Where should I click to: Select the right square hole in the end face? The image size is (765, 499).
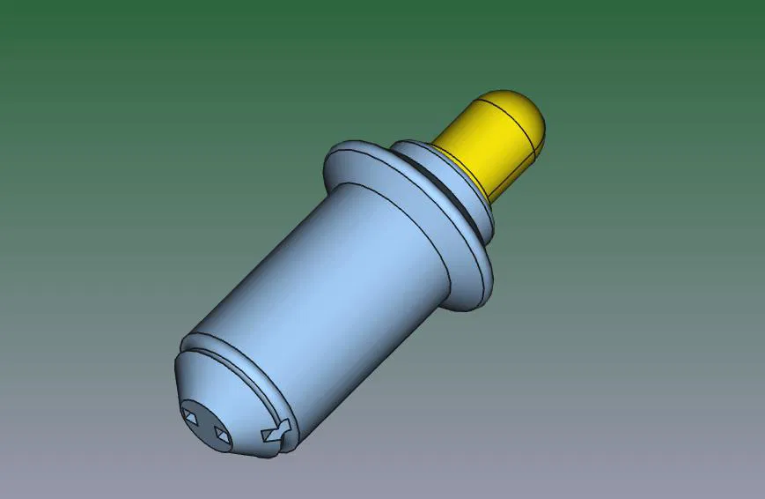pos(220,435)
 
